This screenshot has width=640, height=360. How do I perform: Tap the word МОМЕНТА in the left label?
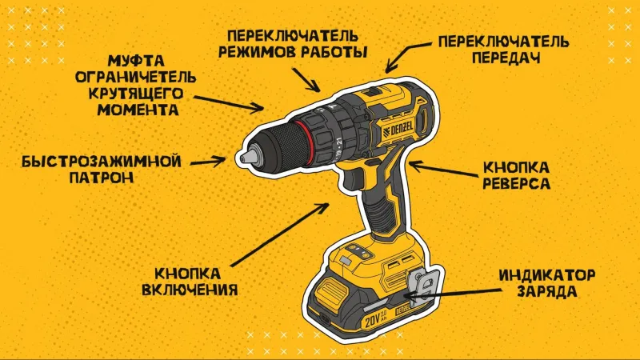(x=138, y=110)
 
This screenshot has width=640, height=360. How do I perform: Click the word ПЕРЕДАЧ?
(x=506, y=58)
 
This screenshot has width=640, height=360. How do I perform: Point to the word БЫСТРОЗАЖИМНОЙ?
(x=102, y=162)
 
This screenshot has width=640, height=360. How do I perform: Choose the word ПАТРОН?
(x=102, y=178)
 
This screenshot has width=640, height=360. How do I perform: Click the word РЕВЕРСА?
(x=516, y=183)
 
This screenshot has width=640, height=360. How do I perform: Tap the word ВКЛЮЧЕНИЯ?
(x=190, y=290)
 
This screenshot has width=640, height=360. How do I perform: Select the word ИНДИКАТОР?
(x=547, y=275)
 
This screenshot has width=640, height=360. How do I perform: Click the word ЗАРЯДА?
(x=547, y=292)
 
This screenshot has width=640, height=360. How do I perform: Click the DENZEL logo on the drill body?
(x=398, y=130)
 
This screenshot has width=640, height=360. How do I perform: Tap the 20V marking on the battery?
(x=373, y=322)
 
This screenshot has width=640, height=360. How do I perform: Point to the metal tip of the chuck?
(x=244, y=157)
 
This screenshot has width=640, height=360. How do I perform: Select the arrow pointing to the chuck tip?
(x=208, y=162)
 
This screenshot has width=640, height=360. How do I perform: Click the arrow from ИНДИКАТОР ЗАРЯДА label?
(x=452, y=292)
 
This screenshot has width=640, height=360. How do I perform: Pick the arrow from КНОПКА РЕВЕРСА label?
(x=443, y=170)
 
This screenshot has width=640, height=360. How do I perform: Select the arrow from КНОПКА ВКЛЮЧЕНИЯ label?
(x=280, y=234)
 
